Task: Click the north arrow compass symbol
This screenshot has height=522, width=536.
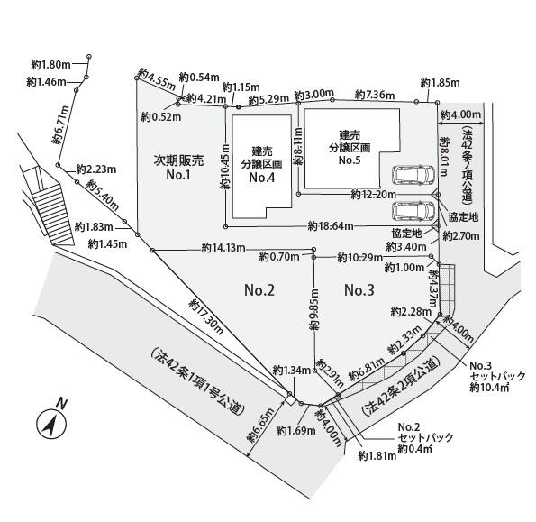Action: pos(51,424)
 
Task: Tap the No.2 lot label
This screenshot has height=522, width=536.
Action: pos(259,290)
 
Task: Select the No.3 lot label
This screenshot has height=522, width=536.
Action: pos(359,290)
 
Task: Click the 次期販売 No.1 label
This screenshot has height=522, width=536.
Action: pos(178,168)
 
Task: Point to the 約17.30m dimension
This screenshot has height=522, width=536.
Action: pos(207,316)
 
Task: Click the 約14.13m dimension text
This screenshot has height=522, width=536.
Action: pos(223,247)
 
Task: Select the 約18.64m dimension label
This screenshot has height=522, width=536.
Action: pos(331,225)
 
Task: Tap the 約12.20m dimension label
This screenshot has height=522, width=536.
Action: pos(374,195)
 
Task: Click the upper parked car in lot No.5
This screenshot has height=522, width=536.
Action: pos(413,175)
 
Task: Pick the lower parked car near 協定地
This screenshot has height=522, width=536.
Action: pos(413,211)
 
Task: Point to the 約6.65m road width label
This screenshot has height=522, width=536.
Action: pos(260,426)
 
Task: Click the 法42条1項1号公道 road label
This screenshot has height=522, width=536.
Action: pos(197,381)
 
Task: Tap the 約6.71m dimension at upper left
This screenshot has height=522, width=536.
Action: pos(61,124)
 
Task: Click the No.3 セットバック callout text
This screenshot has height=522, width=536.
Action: pos(497,377)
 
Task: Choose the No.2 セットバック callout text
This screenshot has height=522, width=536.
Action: pos(425,437)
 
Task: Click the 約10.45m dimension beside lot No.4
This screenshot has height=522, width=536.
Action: pos(225,167)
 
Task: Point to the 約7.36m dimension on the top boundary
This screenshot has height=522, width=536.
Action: pos(375,94)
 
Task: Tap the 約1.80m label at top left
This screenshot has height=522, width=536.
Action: pos(51,64)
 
